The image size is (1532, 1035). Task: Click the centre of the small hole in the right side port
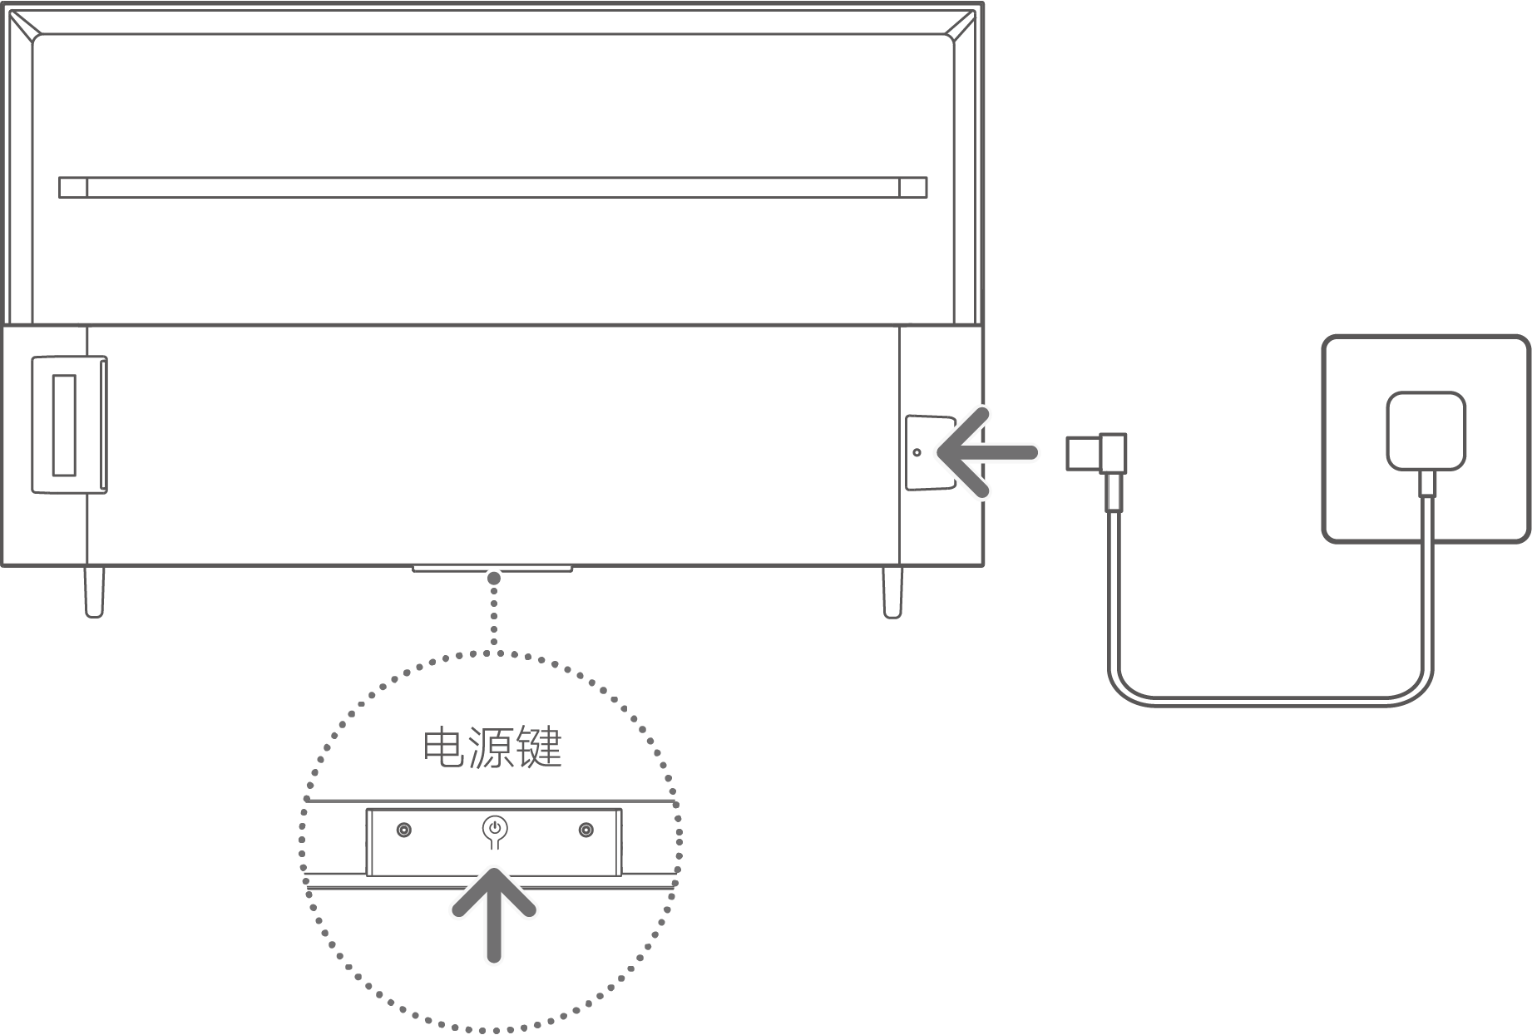(917, 452)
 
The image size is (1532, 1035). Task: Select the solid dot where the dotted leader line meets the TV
(494, 577)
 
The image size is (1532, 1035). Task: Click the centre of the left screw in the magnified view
(404, 830)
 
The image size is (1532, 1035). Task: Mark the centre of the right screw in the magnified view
(586, 830)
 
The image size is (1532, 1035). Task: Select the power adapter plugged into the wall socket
(1426, 431)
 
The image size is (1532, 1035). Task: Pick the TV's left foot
(94, 592)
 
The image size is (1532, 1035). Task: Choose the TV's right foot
(892, 592)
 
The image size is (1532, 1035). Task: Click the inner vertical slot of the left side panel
(64, 425)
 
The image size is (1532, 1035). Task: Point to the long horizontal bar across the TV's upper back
(493, 187)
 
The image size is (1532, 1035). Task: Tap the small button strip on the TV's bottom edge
(492, 569)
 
